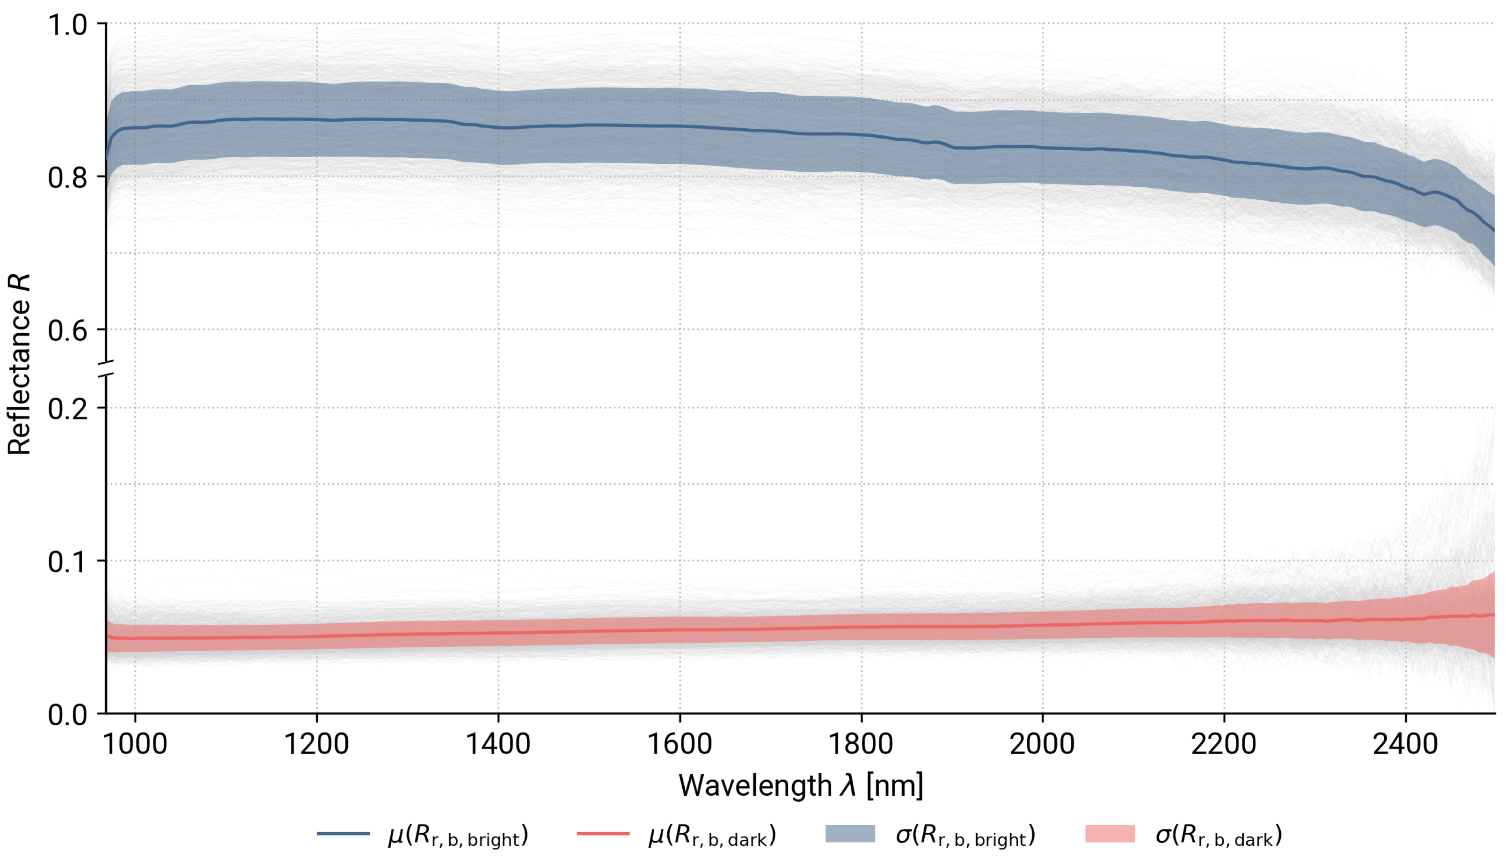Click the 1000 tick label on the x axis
(135, 744)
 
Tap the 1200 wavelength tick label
(316, 744)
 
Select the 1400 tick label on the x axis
(498, 744)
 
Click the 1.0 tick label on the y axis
(67, 25)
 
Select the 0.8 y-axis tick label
(67, 177)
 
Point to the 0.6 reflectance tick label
(67, 330)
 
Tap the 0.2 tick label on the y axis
(67, 408)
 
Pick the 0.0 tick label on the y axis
(67, 715)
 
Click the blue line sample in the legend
(343, 834)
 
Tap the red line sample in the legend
(603, 834)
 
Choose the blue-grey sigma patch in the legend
(850, 834)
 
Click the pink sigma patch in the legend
(1110, 834)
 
